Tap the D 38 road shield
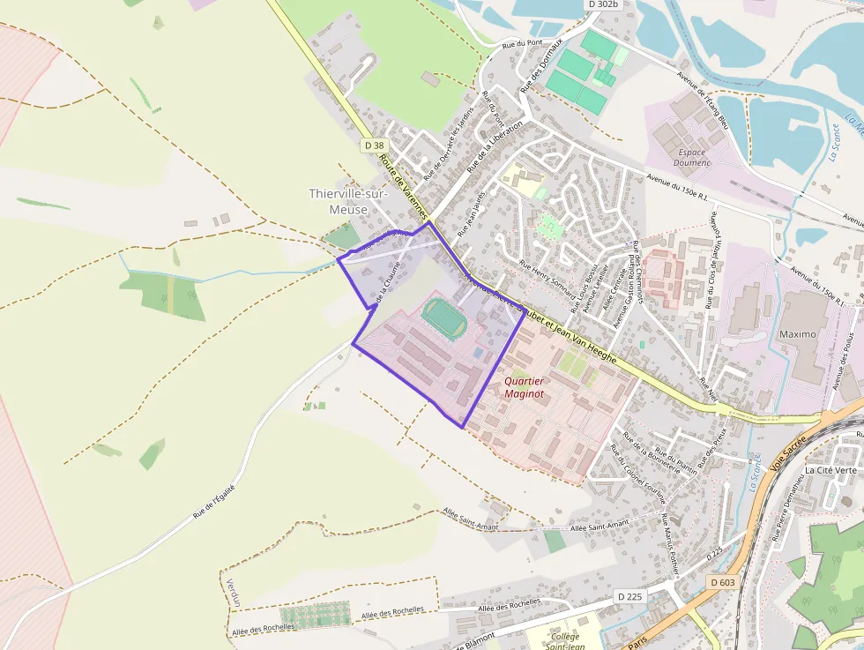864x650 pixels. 374,146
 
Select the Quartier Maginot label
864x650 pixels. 524,387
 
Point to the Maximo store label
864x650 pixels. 797,335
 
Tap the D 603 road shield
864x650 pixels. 722,582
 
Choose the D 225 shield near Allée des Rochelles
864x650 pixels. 630,597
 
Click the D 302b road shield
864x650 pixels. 603,4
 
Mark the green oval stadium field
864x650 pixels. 444,318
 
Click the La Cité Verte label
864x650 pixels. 830,470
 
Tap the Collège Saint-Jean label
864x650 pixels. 564,641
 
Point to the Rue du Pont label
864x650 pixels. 521,43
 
